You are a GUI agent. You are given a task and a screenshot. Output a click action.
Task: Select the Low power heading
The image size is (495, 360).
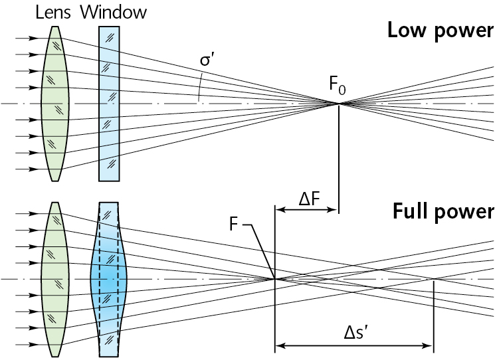pyautogui.click(x=441, y=31)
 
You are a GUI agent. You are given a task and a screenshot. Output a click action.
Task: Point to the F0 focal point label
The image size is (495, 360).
pyautogui.click(x=337, y=86)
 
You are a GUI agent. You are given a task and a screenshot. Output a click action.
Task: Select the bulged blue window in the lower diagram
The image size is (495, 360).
pyautogui.click(x=108, y=279)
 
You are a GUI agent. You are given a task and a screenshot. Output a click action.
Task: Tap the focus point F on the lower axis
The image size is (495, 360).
pyautogui.click(x=275, y=279)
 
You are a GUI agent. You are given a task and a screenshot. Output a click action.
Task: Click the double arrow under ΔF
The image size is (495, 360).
pyautogui.click(x=307, y=210)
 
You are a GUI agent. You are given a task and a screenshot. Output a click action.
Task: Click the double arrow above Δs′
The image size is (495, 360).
pyautogui.click(x=354, y=345)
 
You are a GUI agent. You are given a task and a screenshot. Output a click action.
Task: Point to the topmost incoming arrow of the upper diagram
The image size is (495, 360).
pyautogui.click(x=26, y=39)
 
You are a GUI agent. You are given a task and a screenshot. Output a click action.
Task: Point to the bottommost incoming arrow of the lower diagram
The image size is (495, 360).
pyautogui.click(x=26, y=345)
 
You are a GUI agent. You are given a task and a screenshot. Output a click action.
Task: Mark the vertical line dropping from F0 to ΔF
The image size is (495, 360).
pyautogui.click(x=340, y=159)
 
